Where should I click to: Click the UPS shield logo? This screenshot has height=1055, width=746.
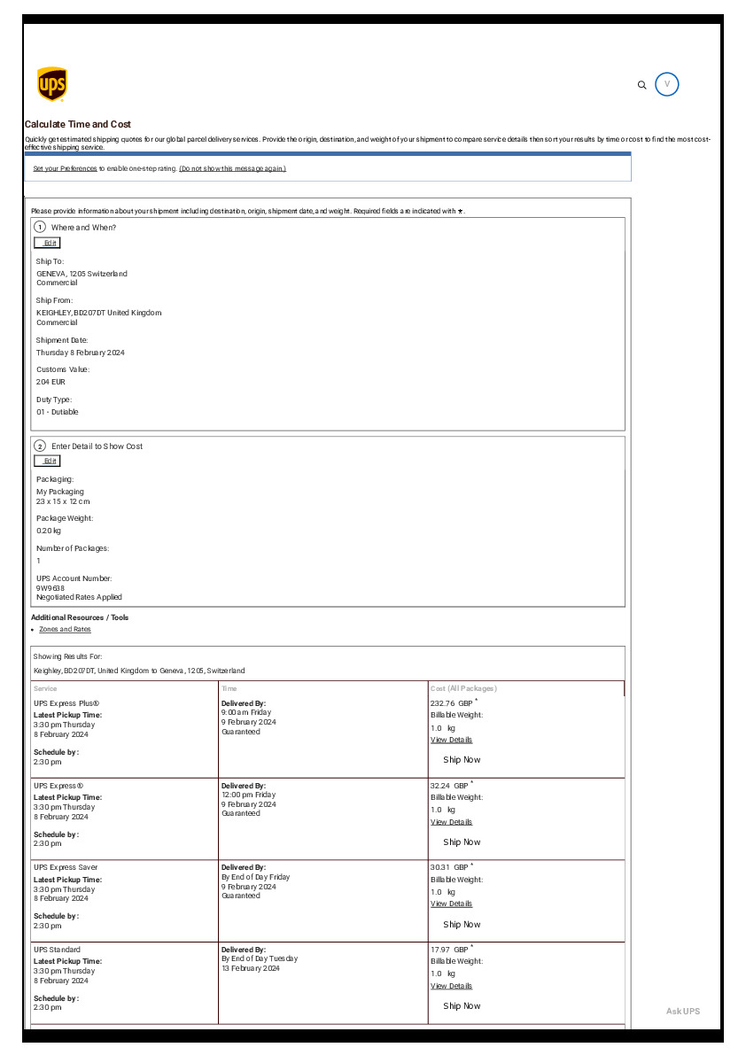(51, 84)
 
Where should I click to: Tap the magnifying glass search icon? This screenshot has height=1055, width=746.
(642, 85)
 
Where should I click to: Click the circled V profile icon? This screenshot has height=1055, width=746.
(667, 84)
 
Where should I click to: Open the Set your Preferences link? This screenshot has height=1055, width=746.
(65, 168)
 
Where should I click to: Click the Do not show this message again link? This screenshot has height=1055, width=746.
(232, 168)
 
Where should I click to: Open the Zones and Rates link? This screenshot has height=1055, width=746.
(65, 629)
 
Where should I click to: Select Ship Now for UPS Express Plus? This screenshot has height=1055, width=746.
(462, 760)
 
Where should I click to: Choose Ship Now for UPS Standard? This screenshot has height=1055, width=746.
(462, 1006)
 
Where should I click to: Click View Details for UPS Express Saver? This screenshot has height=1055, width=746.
(451, 904)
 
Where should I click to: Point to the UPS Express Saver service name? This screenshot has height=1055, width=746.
(66, 867)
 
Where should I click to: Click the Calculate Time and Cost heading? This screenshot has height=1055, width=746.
(78, 125)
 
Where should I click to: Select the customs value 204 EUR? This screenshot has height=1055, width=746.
(51, 382)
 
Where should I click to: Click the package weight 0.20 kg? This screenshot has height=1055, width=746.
(49, 531)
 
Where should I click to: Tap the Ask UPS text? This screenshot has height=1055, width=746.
(682, 1012)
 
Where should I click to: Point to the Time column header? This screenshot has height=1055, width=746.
(229, 688)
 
